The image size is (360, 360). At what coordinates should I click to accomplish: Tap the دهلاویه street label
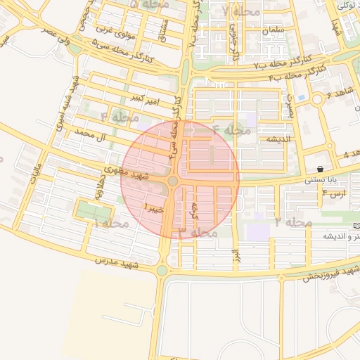coord(99,188)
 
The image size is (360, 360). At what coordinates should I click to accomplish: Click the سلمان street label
coord(273,31)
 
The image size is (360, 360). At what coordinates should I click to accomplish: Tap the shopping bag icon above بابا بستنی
coord(321,169)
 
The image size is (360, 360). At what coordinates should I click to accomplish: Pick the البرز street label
coord(237,251)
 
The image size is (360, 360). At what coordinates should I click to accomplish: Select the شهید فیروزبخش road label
coord(331,273)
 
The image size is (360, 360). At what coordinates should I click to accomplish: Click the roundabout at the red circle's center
coord(173,181)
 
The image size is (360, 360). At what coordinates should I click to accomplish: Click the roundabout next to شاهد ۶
coord(316,99)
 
